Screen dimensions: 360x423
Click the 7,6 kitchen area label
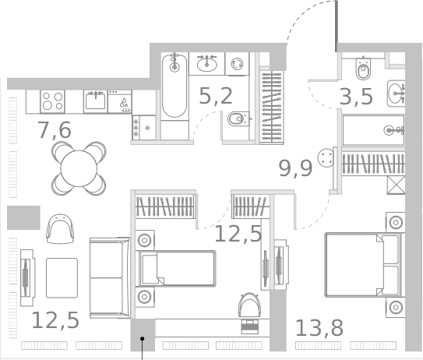(55, 130)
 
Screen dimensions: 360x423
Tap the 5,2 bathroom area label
(216, 96)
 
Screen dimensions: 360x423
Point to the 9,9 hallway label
(295, 167)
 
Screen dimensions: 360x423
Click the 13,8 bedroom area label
(319, 327)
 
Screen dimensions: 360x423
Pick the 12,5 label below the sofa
(55, 319)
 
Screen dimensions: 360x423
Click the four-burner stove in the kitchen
(52, 101)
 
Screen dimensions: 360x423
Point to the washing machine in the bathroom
(237, 64)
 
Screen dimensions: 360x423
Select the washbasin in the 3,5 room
(397, 92)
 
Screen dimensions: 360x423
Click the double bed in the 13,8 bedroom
(361, 265)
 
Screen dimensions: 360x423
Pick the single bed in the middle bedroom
(175, 268)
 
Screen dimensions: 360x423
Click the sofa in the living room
(109, 278)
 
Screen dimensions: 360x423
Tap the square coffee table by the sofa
(62, 277)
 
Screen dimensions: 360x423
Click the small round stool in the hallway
(325, 158)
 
